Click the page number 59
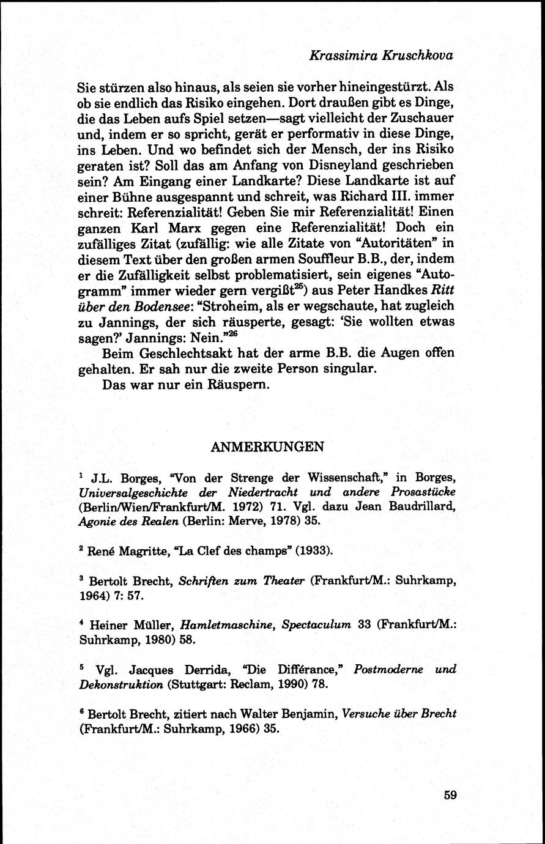pyautogui.click(x=450, y=795)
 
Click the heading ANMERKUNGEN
pyautogui.click(x=266, y=447)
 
